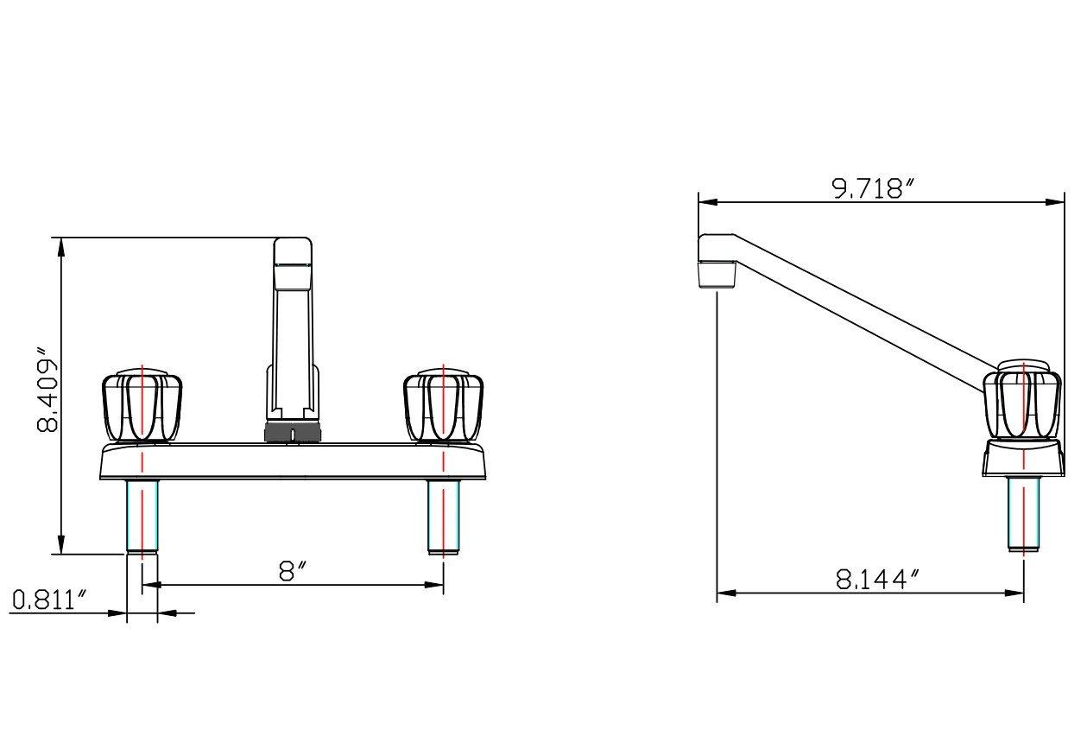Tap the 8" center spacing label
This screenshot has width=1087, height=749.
click(x=294, y=570)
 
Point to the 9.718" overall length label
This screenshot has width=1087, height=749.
click(x=872, y=188)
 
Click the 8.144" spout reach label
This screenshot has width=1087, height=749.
click(x=874, y=580)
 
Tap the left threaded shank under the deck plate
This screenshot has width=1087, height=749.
click(x=142, y=516)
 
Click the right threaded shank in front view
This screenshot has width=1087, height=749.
click(x=443, y=516)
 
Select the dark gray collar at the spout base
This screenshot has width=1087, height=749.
click(x=293, y=433)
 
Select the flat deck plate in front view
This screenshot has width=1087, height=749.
click(x=292, y=461)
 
